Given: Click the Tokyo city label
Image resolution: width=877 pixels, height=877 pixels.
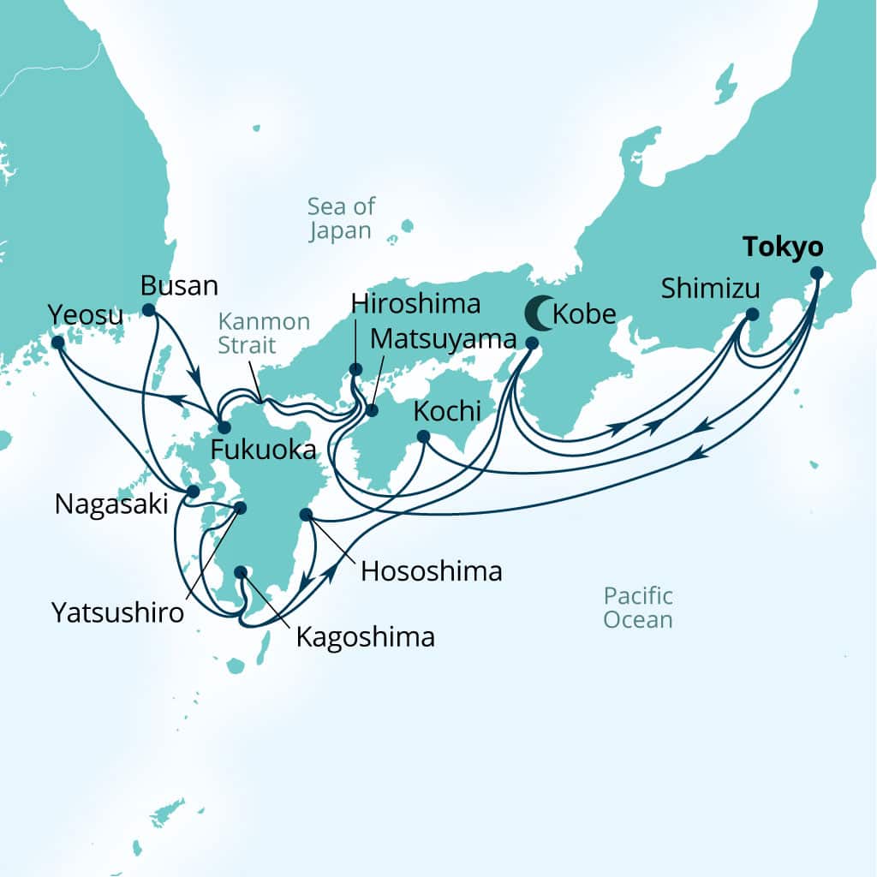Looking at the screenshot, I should pos(783,248).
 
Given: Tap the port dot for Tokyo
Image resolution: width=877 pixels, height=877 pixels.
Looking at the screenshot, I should pos(816,273).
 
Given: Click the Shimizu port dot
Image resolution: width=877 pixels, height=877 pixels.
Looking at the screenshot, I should pos(752,314).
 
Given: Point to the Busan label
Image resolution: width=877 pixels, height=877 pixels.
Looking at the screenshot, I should pos(179,285).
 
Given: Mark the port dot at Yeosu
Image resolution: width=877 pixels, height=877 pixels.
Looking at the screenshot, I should pos(57,343).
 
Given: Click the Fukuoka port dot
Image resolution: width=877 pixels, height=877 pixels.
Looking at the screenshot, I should pos(223,427).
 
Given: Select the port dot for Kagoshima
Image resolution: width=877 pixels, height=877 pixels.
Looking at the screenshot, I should pos(241,572).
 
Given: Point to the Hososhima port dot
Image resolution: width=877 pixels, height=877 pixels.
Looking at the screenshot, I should pos(306,515).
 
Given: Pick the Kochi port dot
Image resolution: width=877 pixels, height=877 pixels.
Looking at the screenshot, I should pos(423,437).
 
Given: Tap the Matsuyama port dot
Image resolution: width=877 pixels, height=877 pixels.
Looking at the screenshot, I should pos(372,410).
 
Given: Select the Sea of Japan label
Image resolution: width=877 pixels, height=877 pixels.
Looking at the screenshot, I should pos(341,218).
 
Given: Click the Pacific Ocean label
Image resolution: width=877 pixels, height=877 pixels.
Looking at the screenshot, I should pos(637,607).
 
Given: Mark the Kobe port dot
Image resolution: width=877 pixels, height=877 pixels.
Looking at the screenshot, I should pos(531,343).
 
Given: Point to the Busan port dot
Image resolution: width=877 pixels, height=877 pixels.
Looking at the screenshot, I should pos(149,310).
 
